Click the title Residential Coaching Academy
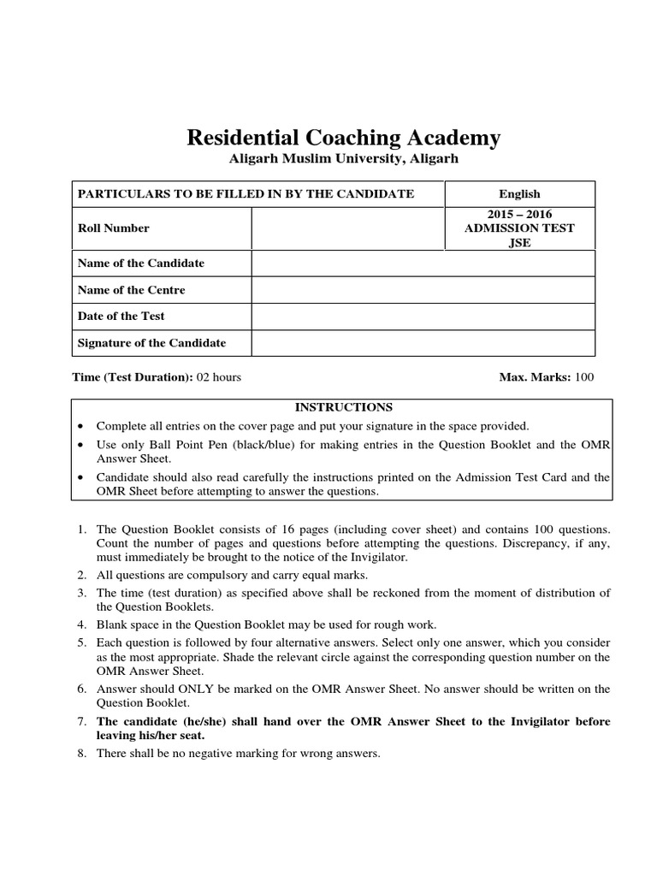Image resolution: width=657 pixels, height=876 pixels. point(343,138)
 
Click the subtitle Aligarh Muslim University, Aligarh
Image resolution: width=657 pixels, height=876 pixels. point(343,159)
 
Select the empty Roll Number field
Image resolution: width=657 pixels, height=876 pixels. point(347,228)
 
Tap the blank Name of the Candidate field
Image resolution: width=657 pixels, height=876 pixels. point(423,263)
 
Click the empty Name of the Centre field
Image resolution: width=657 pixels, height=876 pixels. point(423,290)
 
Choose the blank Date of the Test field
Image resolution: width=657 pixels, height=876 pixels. point(423,317)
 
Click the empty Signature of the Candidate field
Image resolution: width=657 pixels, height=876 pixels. point(423,343)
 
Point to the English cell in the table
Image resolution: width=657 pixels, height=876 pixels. point(519,194)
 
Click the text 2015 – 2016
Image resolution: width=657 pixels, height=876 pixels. point(519,213)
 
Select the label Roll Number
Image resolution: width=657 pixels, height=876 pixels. point(113,228)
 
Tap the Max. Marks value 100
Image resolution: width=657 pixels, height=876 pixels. point(584,377)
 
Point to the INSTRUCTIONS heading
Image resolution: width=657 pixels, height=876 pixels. point(343,407)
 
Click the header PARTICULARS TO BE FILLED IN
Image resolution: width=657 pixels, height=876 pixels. point(246,194)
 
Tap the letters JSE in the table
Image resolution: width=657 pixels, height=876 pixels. point(519,242)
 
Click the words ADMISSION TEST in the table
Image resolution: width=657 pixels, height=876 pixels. point(519,228)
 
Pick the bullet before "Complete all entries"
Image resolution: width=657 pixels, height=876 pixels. point(80,426)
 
